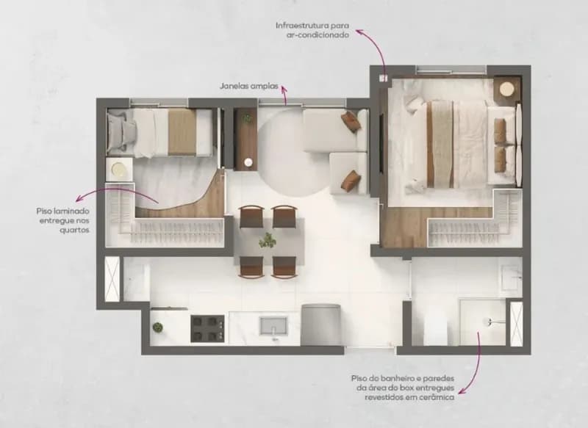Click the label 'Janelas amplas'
click(x=249, y=86)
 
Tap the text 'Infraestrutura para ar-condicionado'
click(x=312, y=30)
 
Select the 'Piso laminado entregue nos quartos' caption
click(x=63, y=220)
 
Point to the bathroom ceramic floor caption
click(x=402, y=388)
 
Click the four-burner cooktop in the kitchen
click(x=207, y=328)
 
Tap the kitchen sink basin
click(x=273, y=326)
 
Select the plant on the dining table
click(x=268, y=240)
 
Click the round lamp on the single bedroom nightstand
click(x=119, y=170)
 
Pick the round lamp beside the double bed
click(x=507, y=90)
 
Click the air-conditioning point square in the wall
click(x=383, y=78)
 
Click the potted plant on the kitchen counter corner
click(x=158, y=327)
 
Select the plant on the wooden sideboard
click(x=247, y=118)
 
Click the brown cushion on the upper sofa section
click(x=351, y=122)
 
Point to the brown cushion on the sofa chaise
click(x=350, y=180)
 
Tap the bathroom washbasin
click(x=512, y=278)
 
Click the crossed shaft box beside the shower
click(x=517, y=324)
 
